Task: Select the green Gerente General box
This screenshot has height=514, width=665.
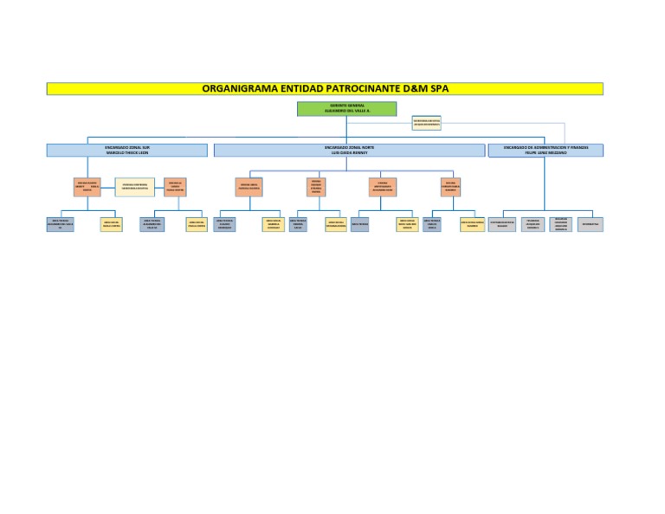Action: click(x=346, y=109)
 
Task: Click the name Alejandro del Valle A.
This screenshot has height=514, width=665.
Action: click(x=346, y=112)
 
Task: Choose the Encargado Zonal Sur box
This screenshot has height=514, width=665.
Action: click(x=127, y=150)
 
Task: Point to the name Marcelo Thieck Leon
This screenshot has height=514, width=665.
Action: click(x=127, y=152)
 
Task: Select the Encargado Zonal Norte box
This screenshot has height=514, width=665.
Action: click(x=349, y=150)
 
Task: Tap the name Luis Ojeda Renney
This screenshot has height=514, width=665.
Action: click(x=349, y=152)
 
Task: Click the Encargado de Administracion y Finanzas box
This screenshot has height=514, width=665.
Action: click(x=546, y=150)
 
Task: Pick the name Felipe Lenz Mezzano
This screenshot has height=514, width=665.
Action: click(x=546, y=152)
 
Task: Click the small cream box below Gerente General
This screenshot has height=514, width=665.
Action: click(x=426, y=123)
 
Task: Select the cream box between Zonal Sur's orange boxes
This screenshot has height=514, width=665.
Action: click(x=134, y=187)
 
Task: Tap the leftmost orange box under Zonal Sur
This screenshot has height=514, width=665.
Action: click(x=87, y=187)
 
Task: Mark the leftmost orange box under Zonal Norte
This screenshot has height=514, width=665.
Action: click(x=249, y=187)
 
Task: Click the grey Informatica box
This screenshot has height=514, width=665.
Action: click(x=591, y=224)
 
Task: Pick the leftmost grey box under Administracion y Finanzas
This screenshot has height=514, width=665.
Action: click(x=502, y=224)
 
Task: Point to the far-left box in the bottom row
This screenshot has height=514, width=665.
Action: click(x=60, y=224)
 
